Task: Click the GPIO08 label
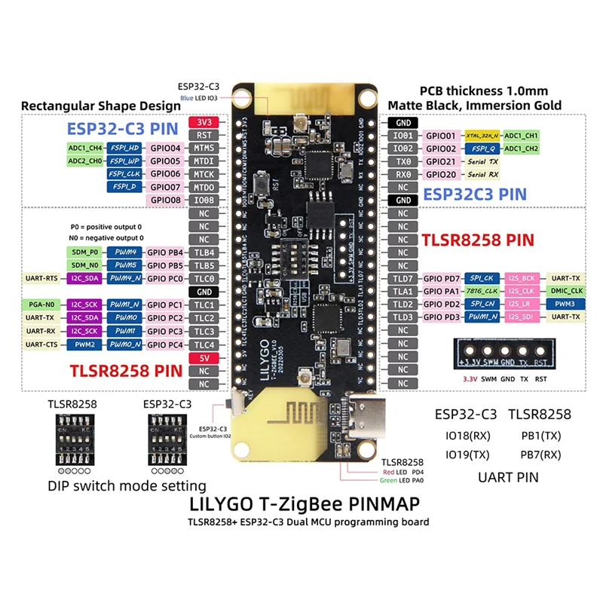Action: point(166,200)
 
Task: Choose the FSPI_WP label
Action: point(123,161)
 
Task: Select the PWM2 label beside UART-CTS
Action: point(84,344)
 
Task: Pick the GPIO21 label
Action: point(441,161)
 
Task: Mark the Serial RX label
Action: point(483,174)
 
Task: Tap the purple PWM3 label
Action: point(565,305)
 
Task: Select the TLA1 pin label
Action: point(403,292)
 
